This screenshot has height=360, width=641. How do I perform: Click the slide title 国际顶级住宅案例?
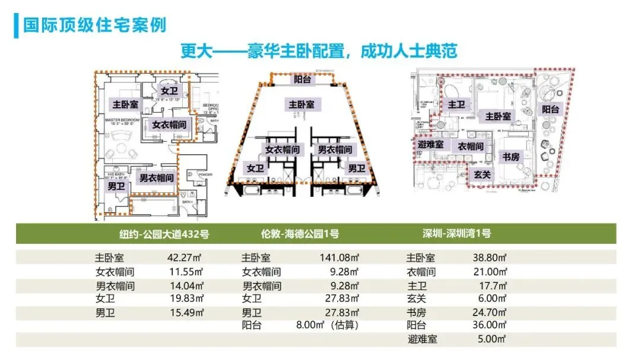click(94, 26)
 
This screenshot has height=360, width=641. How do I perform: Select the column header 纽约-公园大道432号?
click(164, 234)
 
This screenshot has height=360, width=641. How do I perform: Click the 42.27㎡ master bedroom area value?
click(186, 259)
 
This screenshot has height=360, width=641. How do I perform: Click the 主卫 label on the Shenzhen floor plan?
click(456, 104)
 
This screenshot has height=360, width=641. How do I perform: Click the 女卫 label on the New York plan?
click(169, 91)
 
